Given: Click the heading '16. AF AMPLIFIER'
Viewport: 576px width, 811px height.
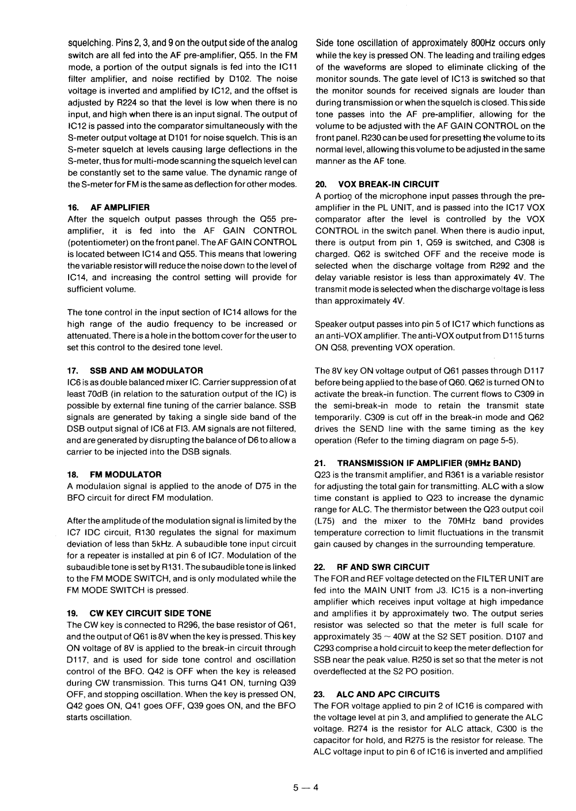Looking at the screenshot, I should click(x=108, y=207).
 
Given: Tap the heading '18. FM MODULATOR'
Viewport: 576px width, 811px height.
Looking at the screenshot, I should click(x=114, y=474).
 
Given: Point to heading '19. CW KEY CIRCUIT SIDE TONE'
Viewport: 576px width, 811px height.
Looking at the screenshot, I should click(x=139, y=613).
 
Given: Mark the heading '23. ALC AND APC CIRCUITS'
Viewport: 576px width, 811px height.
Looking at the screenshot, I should click(x=377, y=694).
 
